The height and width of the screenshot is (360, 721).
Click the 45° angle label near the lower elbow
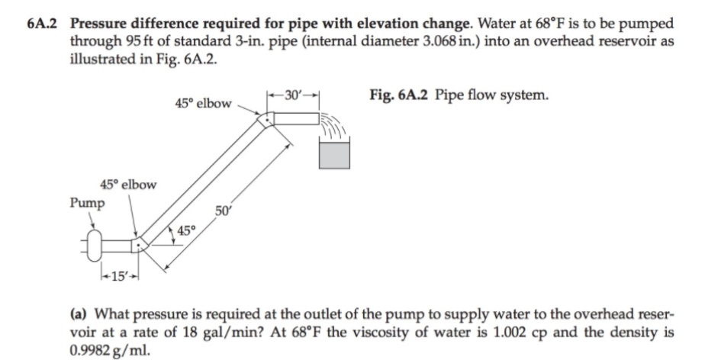pos(186,231)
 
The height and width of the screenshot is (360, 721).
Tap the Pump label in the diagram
pos(88,204)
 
